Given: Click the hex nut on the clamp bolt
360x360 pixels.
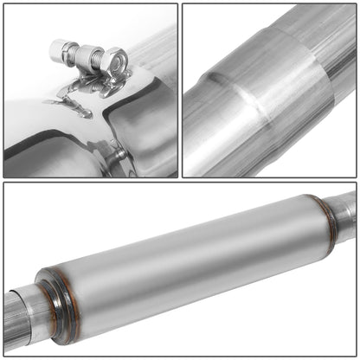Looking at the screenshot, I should tap(113, 61).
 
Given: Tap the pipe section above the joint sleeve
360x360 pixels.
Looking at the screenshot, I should tap(320, 35).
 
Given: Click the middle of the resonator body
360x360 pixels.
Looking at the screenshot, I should tap(186, 264).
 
